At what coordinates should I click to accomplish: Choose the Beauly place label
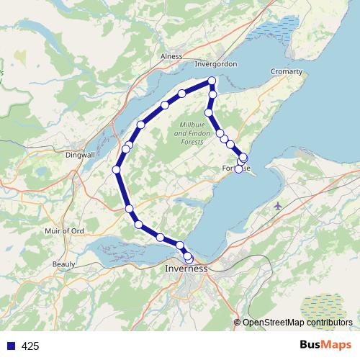pos(64,264)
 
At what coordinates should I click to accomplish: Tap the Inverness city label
pos(186,269)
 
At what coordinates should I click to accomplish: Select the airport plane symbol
pos(279,207)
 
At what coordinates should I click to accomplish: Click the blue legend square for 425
pos(11,346)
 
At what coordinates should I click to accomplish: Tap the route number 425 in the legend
pos(30,346)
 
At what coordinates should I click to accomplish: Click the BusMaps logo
pos(326,346)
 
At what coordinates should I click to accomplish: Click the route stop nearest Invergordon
pos(212,81)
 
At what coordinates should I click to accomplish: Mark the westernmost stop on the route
pos(116,169)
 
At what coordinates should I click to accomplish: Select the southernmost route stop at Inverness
pos(189,258)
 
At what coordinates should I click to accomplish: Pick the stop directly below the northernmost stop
pos(212,94)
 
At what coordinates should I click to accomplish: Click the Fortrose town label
pos(236,169)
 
